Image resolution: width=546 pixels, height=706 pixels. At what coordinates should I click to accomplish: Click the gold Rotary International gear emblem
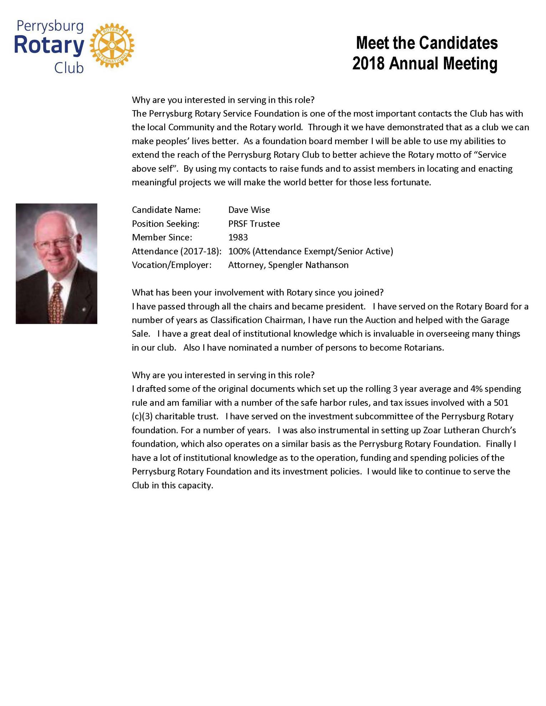(112, 46)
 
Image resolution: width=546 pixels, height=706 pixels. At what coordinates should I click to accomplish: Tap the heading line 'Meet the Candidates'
(426, 43)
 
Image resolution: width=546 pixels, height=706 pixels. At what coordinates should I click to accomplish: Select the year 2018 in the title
(368, 63)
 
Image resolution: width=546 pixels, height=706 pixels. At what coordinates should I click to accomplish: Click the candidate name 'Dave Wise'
(249, 210)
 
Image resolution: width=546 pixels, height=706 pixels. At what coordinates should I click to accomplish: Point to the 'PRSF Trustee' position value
(254, 224)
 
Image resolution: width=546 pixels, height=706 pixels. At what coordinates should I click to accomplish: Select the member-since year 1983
(238, 237)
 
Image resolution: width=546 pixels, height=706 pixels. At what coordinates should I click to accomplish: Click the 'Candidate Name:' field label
(166, 210)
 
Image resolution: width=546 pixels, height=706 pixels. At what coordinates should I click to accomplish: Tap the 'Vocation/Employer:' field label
(171, 265)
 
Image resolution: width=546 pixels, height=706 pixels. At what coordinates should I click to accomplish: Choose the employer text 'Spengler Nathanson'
(308, 265)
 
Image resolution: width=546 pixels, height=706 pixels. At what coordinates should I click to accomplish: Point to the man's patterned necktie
(56, 303)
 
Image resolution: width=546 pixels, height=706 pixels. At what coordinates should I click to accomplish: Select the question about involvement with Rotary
(257, 292)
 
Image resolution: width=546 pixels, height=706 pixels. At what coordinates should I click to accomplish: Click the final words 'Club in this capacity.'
(172, 485)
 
